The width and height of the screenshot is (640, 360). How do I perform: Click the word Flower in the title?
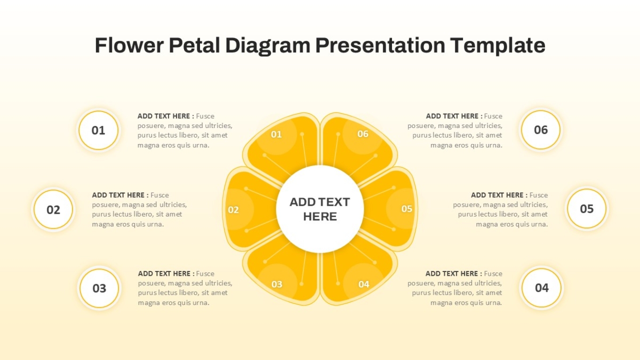pyautogui.click(x=129, y=45)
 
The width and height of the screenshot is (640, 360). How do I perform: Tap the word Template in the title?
pyautogui.click(x=498, y=46)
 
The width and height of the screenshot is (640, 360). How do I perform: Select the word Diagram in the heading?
pyautogui.click(x=268, y=46)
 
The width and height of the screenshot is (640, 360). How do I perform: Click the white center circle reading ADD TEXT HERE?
pyautogui.click(x=319, y=209)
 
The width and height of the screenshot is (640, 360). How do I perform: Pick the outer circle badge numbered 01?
pyautogui.click(x=98, y=130)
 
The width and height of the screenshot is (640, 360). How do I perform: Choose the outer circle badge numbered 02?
pyautogui.click(x=53, y=210)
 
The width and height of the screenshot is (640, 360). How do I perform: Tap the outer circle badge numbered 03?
pyautogui.click(x=99, y=288)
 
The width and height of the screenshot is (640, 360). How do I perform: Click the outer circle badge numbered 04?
pyautogui.click(x=541, y=287)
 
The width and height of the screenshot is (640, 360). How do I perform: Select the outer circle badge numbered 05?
pyautogui.click(x=587, y=209)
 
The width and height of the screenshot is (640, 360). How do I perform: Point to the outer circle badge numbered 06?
pyautogui.click(x=541, y=130)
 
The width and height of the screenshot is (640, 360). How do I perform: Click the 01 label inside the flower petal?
pyautogui.click(x=276, y=134)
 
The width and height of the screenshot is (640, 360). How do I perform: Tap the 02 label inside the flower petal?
pyautogui.click(x=233, y=210)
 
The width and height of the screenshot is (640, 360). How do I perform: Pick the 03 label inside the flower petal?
pyautogui.click(x=277, y=284)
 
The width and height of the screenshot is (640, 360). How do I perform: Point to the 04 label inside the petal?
pyautogui.click(x=364, y=284)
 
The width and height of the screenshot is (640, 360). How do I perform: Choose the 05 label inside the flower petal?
pyautogui.click(x=406, y=209)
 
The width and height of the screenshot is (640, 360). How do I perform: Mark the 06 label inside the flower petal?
pyautogui.click(x=363, y=134)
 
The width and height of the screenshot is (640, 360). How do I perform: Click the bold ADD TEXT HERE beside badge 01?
pyautogui.click(x=166, y=116)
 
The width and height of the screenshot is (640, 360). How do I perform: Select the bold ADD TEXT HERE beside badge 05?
pyautogui.click(x=499, y=195)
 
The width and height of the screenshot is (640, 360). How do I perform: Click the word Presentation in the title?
pyautogui.click(x=380, y=45)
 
